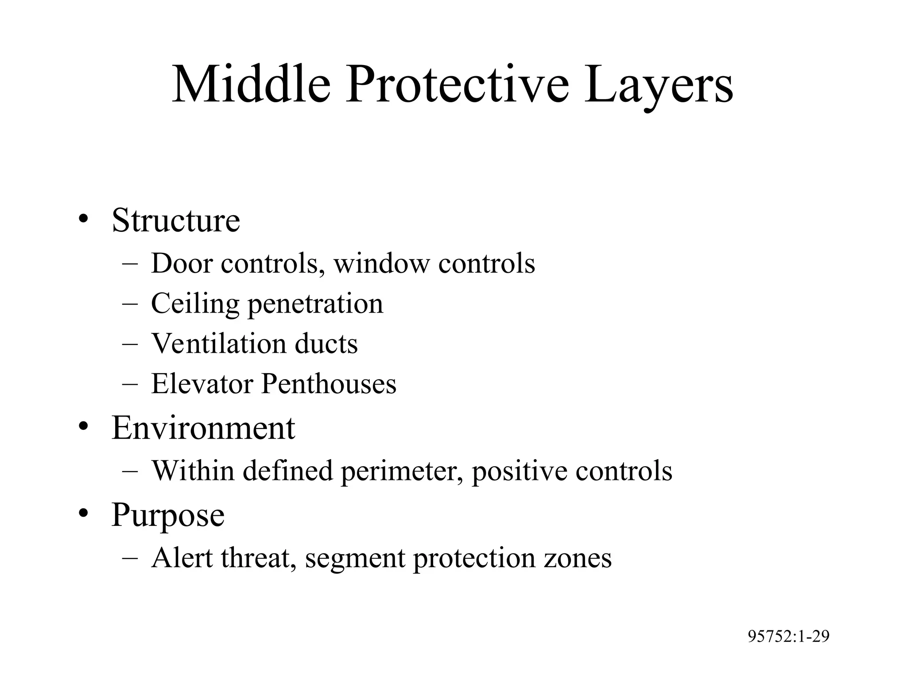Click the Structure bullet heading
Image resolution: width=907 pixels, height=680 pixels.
tap(176, 220)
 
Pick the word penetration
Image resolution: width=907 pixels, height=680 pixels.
tap(315, 304)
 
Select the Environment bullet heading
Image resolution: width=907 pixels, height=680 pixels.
tap(203, 428)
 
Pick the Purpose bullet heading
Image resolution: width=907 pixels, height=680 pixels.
tap(168, 515)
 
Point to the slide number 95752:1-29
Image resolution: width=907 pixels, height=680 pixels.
tap(788, 637)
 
